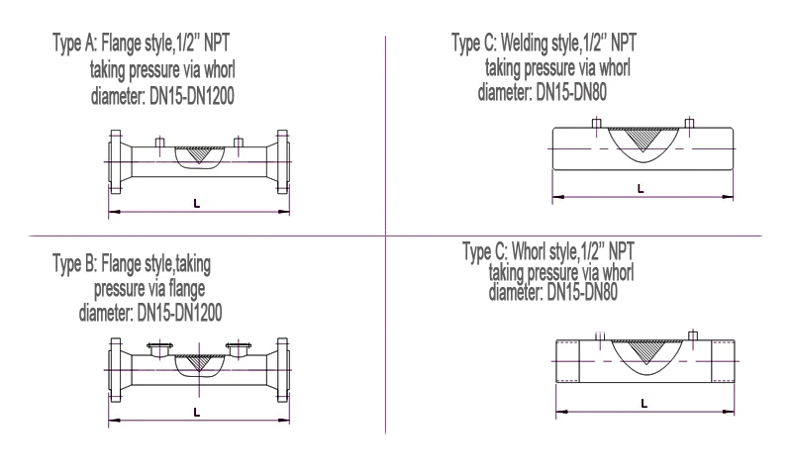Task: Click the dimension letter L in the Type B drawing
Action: coord(196,412)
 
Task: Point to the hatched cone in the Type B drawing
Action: coord(202,360)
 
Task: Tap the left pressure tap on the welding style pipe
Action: coord(595,124)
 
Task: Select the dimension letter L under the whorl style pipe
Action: coord(643,402)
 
